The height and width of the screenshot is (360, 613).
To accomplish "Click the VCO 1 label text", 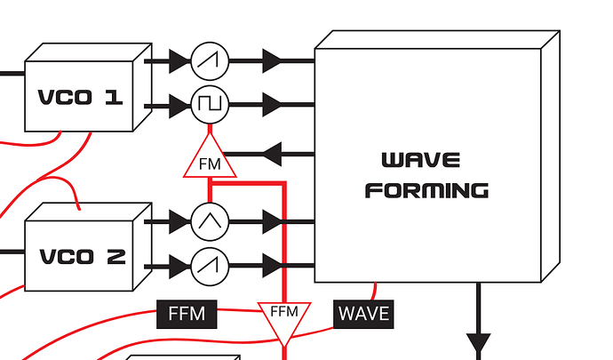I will [79, 97].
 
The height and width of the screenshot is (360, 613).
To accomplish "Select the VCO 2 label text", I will [83, 257].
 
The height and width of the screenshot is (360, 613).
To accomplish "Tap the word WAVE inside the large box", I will [420, 161].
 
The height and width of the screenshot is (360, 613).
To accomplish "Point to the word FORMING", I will [426, 190].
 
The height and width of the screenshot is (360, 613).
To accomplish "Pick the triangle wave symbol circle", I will [210, 220].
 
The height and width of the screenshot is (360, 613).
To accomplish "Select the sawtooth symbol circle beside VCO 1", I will [210, 60].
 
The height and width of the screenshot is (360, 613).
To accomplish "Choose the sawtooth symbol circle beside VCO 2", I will [210, 263].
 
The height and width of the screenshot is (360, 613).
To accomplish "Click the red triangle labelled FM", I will [210, 160].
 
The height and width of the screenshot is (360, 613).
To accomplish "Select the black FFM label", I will [187, 314].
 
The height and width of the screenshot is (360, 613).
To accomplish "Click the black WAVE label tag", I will [363, 314].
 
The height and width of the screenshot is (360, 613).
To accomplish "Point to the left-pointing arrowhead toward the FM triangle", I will [270, 154].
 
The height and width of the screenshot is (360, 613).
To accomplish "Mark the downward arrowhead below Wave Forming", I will [479, 343].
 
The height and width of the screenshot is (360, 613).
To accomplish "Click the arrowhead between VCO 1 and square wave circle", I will [178, 105].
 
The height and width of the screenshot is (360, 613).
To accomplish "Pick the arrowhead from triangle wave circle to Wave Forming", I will [273, 220].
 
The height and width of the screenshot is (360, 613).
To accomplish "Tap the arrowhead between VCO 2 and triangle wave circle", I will [178, 220].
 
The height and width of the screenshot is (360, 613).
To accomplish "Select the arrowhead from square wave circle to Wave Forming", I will [273, 105].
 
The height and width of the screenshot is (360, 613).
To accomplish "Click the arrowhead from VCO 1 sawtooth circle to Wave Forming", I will [273, 60].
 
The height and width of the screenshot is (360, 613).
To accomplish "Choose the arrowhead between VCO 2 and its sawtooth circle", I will [178, 263].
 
